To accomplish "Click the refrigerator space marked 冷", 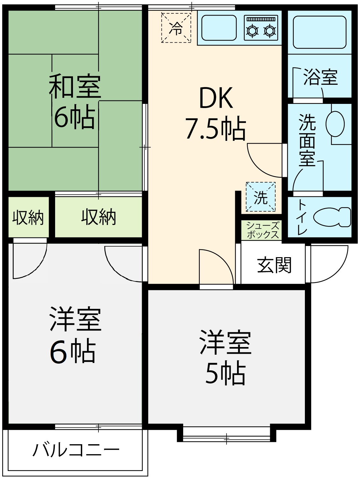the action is coord(176,28).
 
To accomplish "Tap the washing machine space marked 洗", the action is coord(261,197).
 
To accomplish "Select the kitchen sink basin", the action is coord(219,28).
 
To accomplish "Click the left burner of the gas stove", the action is coord(252,31).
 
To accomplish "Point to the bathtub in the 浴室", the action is coord(320,32).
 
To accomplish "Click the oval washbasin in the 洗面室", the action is coord(335,124).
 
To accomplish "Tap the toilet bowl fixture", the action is coord(332,217).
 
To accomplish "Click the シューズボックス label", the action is coord(263,230).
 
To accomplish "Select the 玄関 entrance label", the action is coord(274,265).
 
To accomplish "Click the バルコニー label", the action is coord(76,450).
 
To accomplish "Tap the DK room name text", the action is coord(216,98).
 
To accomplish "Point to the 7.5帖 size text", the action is coord(216,128).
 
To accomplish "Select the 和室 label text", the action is coord(75,86).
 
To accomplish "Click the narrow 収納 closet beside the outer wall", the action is coord(28,217).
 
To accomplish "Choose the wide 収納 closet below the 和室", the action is coord(98,217).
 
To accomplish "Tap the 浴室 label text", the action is coord(320,77).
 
